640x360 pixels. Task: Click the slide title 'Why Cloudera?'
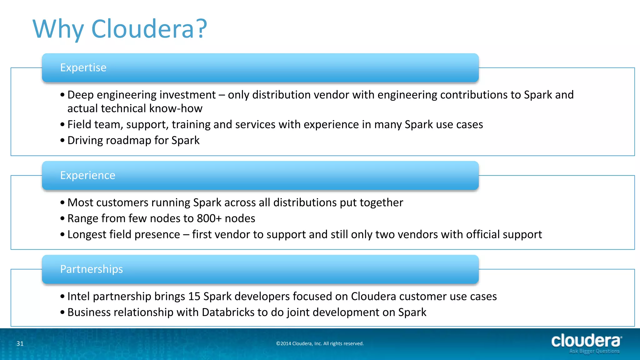[x=120, y=29]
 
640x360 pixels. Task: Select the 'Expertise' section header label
[x=83, y=67]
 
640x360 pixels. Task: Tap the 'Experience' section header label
[x=87, y=175]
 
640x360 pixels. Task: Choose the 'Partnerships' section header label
[x=91, y=269]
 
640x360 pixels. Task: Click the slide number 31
[x=20, y=343]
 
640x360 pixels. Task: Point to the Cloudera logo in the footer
[x=586, y=341]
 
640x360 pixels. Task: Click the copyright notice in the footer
[x=320, y=343]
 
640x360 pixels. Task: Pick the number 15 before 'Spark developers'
[x=194, y=296]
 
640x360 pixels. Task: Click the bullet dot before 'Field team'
[x=62, y=125]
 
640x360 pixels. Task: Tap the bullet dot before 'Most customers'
[x=62, y=203]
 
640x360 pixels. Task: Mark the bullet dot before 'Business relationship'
[x=62, y=312]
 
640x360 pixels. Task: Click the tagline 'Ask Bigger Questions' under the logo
[x=594, y=351]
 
